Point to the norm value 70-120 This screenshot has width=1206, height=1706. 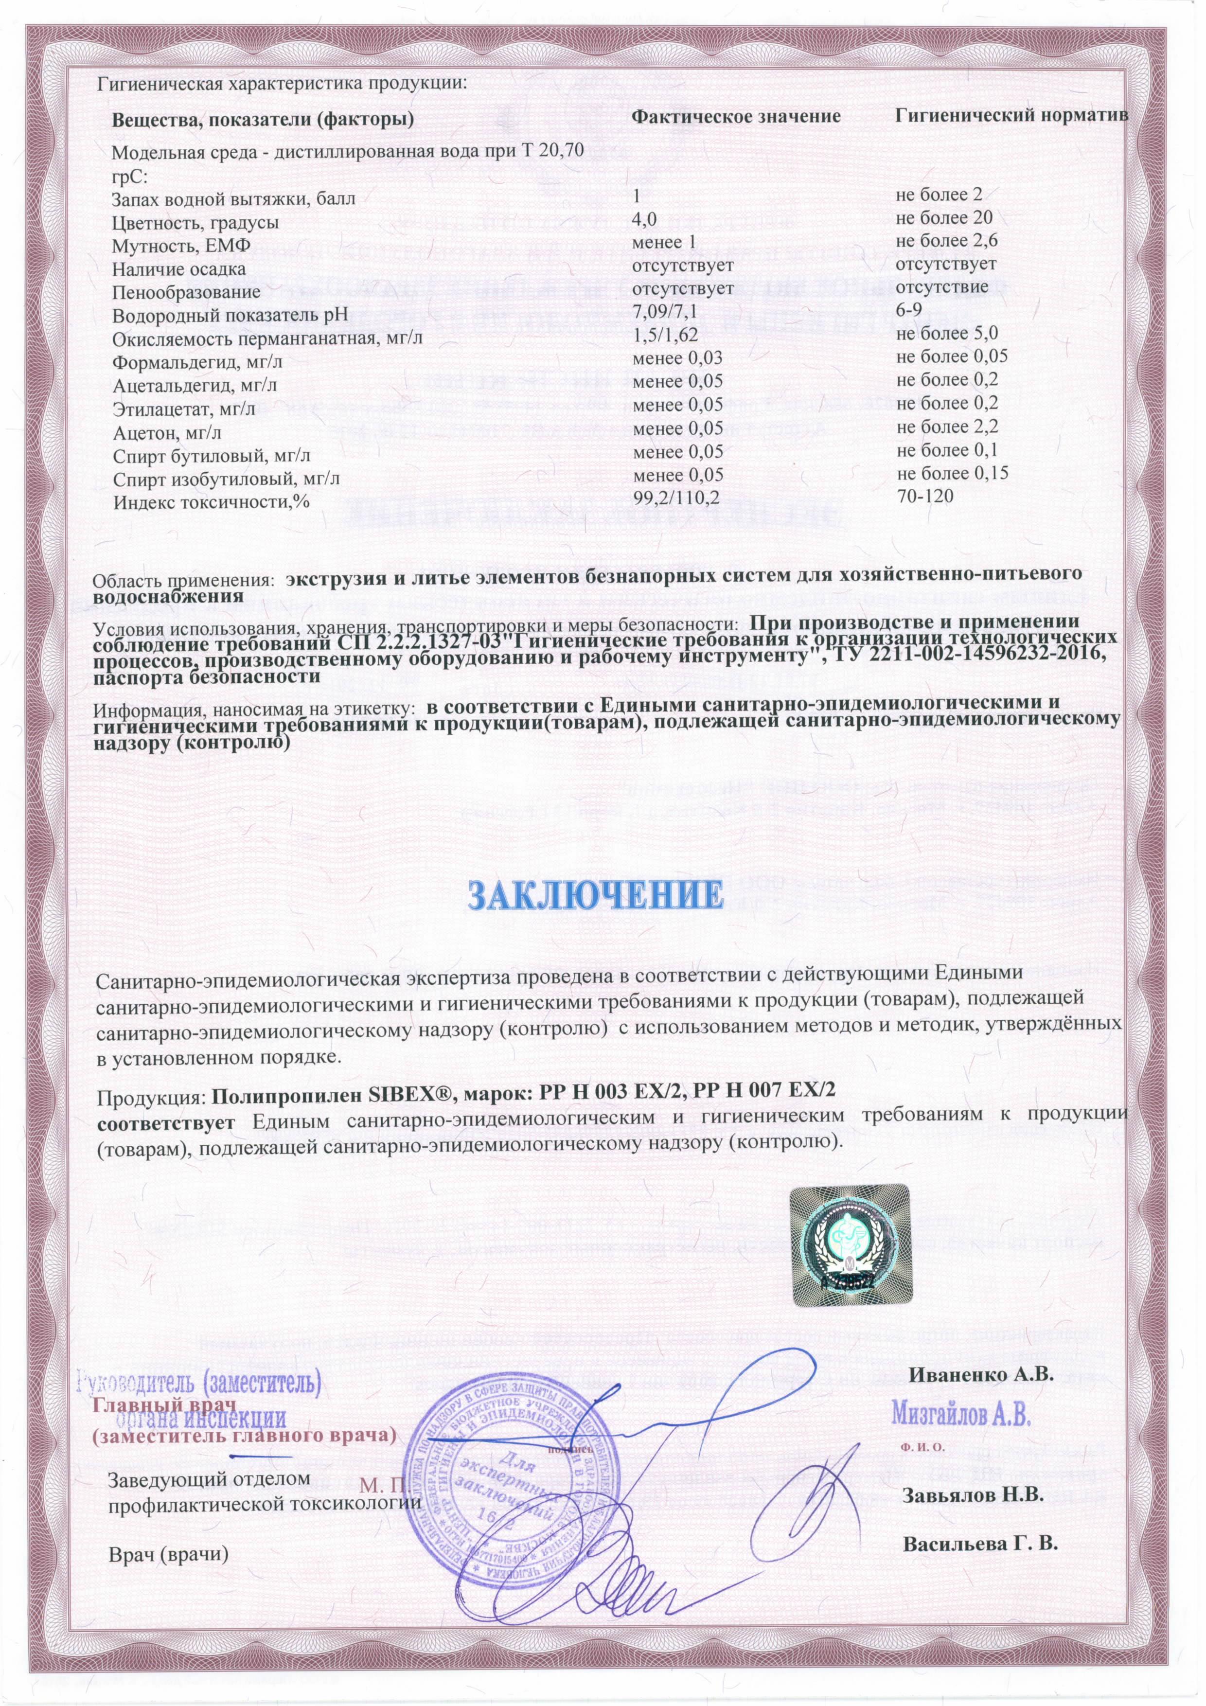925,495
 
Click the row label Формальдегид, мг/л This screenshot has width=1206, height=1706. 197,363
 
